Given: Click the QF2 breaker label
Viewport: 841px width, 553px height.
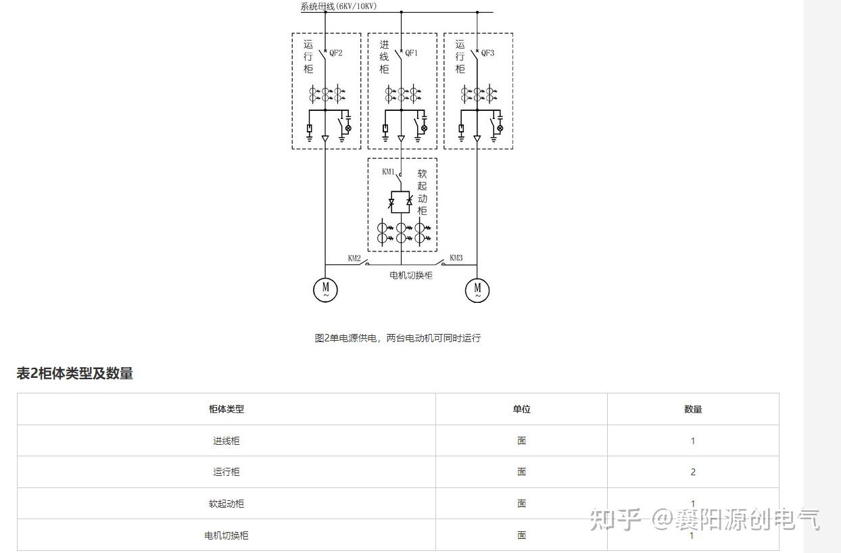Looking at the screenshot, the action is [336, 53].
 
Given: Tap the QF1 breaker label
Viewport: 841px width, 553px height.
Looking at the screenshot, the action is [412, 53].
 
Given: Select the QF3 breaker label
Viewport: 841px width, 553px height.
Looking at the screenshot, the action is [487, 53].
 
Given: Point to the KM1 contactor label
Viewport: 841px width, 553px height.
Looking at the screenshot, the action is [388, 172].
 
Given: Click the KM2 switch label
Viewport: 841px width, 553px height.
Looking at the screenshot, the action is [354, 258].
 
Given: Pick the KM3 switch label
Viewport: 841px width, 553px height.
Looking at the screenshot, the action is [456, 258].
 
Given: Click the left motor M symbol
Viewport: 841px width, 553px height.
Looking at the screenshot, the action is [325, 290].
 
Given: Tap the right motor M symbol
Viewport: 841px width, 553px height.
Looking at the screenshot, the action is [477, 290].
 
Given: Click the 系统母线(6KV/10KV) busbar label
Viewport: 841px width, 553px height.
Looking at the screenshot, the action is [339, 6].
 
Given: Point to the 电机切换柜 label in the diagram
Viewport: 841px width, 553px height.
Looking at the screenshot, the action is [411, 275].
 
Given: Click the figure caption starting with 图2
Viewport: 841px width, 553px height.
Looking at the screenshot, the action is [398, 338].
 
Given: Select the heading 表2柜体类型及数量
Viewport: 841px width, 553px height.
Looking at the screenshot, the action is [74, 373].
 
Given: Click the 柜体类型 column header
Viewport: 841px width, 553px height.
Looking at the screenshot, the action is [226, 409].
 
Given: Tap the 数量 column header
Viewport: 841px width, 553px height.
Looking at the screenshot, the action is [693, 409].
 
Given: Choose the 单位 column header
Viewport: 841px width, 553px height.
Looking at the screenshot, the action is [521, 409].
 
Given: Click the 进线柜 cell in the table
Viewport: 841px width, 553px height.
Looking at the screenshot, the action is [226, 441].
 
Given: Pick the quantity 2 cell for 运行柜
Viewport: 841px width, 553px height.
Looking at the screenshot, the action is [693, 472].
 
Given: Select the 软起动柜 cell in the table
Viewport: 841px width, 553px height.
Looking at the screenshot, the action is [226, 504].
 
